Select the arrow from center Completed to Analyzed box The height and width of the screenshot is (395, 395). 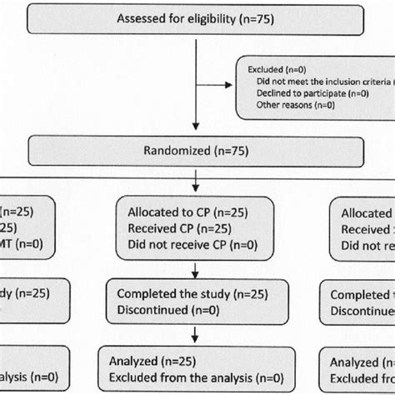pyautogui.click(x=194, y=336)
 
